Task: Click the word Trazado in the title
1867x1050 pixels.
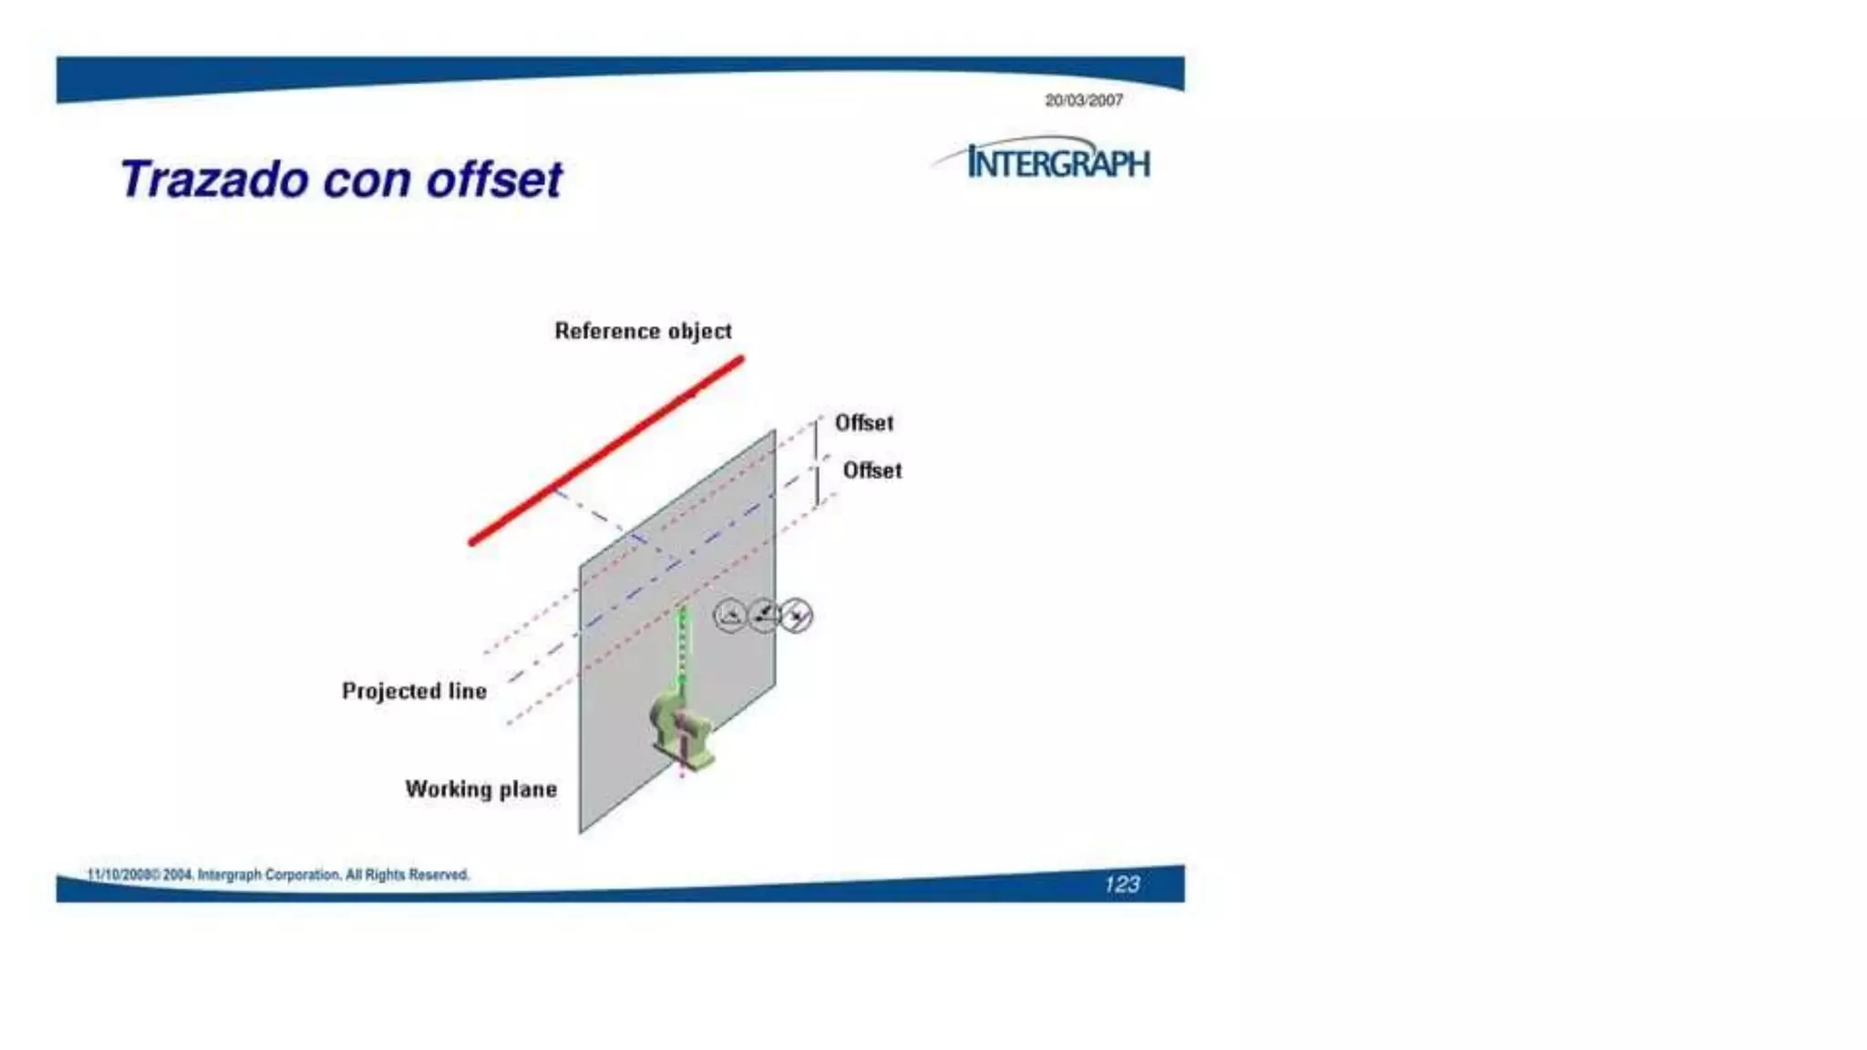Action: [x=214, y=180]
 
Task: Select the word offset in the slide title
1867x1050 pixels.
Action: [x=494, y=180]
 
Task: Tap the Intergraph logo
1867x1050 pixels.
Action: [x=1057, y=162]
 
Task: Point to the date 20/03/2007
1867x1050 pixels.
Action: [x=1083, y=101]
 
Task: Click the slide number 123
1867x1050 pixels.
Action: [x=1121, y=884]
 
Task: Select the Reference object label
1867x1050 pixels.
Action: [x=643, y=331]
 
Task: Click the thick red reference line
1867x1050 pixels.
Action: [x=606, y=450]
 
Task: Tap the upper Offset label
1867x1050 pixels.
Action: [x=863, y=423]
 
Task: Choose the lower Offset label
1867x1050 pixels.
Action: [x=872, y=470]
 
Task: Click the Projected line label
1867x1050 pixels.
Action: [x=414, y=691]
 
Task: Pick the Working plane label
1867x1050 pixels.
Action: [x=480, y=789]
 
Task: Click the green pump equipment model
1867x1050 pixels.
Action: [x=680, y=729]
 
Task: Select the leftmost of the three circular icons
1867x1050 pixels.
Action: [x=729, y=616]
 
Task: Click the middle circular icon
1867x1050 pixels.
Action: [x=764, y=615]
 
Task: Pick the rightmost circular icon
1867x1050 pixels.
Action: [x=797, y=616]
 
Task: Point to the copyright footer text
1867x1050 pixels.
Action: [x=278, y=875]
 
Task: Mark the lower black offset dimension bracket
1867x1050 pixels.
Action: [x=817, y=485]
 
